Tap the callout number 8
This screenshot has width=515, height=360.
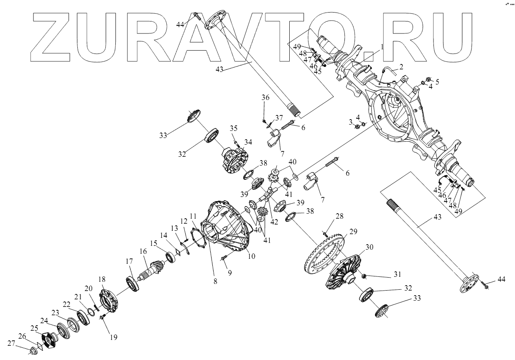[215, 281]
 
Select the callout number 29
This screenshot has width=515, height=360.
[353, 232]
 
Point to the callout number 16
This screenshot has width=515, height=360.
[143, 251]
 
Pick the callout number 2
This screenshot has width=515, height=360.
[401, 66]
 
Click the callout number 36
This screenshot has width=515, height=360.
[265, 97]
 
